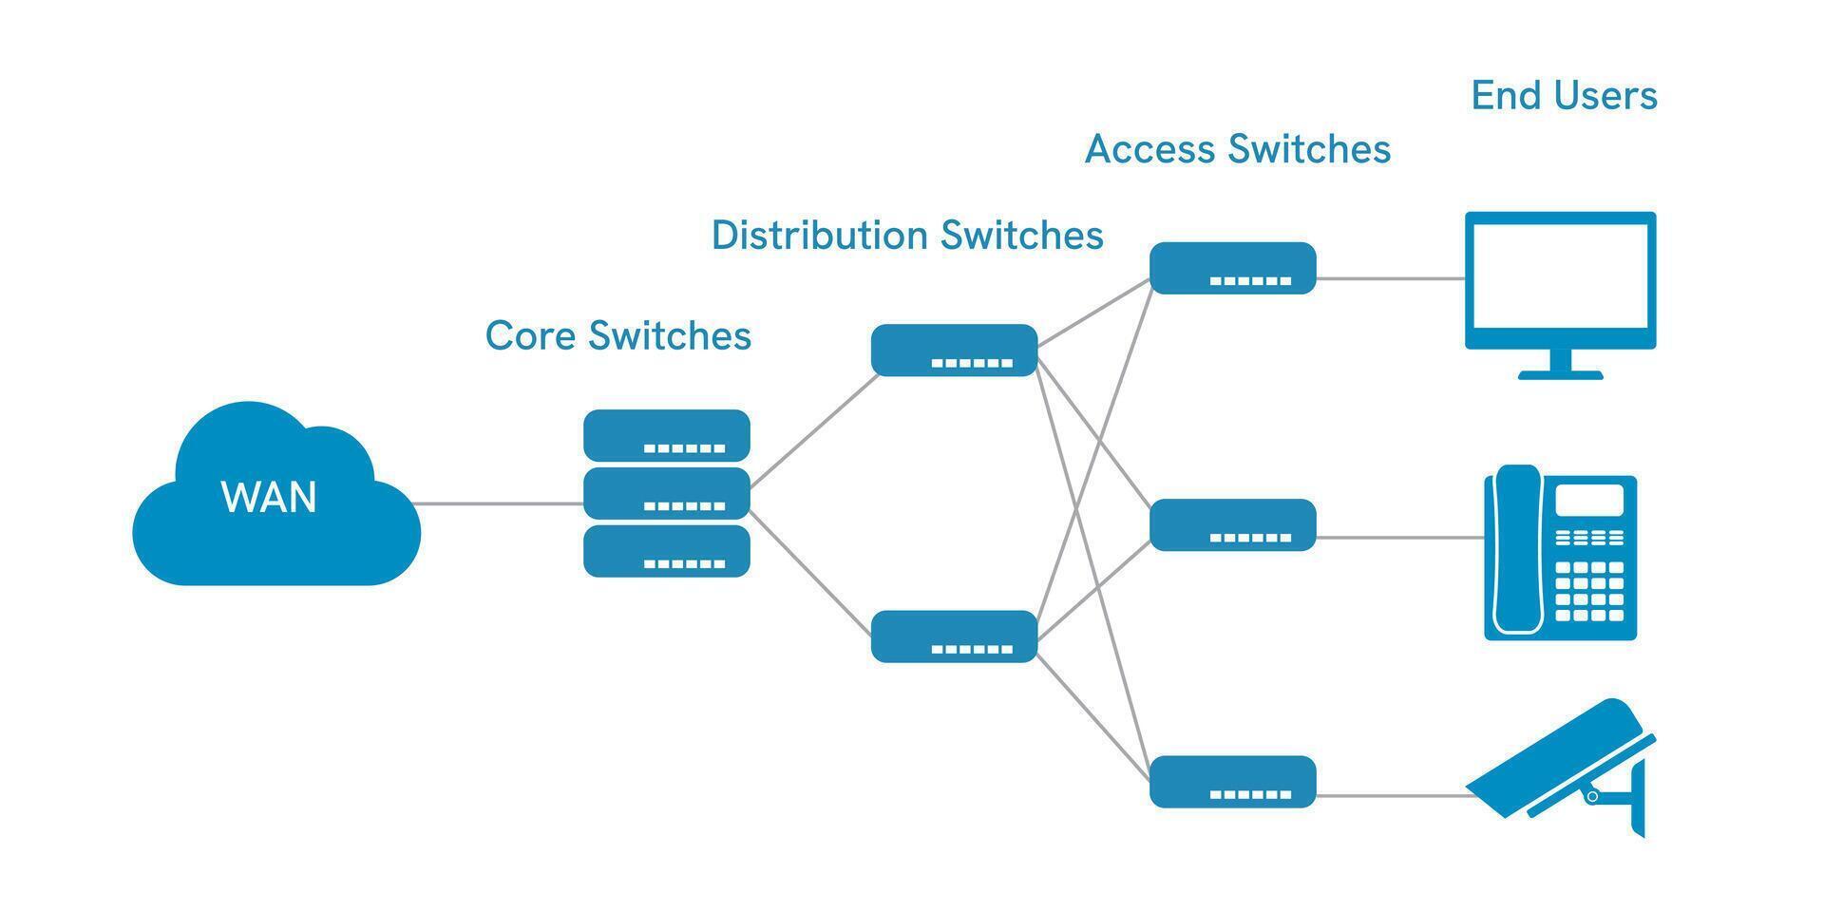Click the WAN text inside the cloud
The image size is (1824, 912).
[269, 498]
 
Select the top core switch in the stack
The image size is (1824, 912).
[666, 434]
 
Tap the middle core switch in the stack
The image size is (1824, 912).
[666, 492]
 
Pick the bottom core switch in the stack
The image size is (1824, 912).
[666, 550]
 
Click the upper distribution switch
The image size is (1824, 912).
[954, 350]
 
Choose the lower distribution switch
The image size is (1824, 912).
[954, 636]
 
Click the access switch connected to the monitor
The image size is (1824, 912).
[1232, 267]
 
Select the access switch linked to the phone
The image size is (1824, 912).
[1232, 524]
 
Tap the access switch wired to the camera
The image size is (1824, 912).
[1232, 781]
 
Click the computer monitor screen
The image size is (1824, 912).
[1560, 277]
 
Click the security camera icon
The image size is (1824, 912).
[1558, 765]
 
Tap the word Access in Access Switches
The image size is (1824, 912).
[1149, 149]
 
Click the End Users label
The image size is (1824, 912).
[1564, 95]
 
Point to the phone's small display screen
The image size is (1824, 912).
[1588, 500]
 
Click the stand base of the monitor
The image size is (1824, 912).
[1560, 374]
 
